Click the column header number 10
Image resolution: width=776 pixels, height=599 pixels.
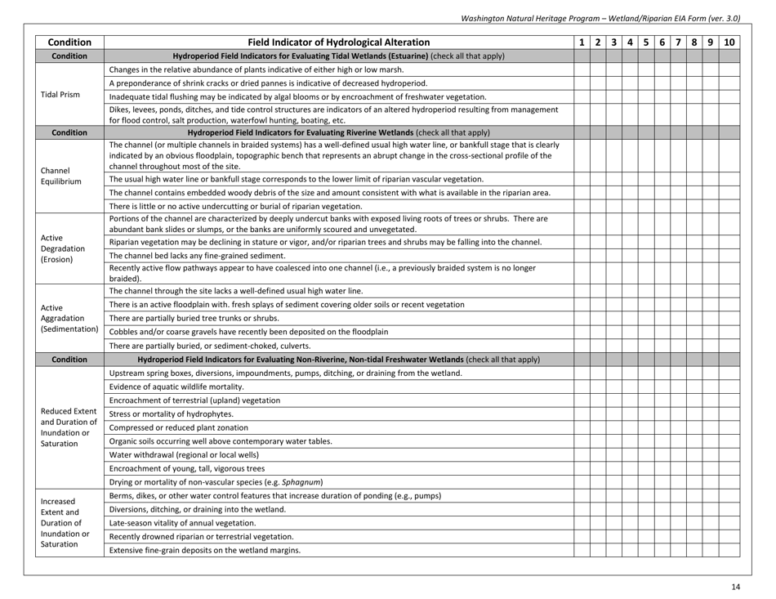coord(729,41)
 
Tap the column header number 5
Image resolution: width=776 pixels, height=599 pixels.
coord(645,41)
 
